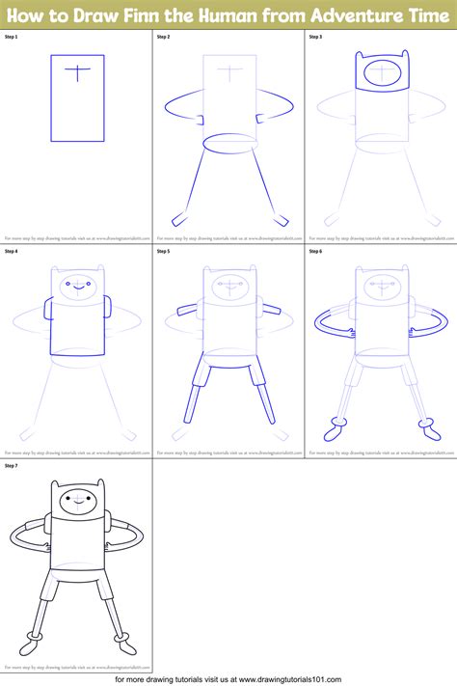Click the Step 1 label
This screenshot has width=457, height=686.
pos(12,37)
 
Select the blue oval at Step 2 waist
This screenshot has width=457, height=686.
pos(229,142)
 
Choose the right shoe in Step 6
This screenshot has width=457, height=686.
pos(424,425)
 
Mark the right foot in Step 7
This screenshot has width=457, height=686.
pos(120,639)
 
